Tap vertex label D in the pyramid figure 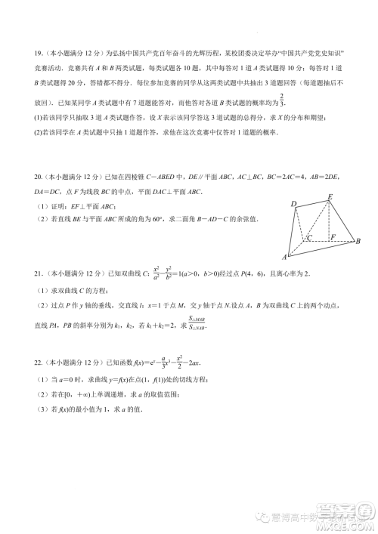[x=293, y=205]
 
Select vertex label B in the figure [x=358, y=242]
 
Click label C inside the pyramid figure [x=308, y=238]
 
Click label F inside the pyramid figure [x=333, y=237]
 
